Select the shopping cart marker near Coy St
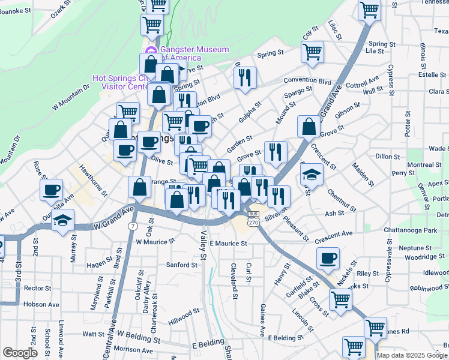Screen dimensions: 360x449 313,51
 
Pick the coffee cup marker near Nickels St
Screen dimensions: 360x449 328,258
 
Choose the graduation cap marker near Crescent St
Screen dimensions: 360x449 312,174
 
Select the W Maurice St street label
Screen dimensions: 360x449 155,241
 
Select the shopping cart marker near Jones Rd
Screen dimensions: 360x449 376,328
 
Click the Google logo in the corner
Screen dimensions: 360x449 20,353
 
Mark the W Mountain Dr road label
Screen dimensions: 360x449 70,97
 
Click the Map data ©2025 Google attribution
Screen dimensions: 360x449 412,355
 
